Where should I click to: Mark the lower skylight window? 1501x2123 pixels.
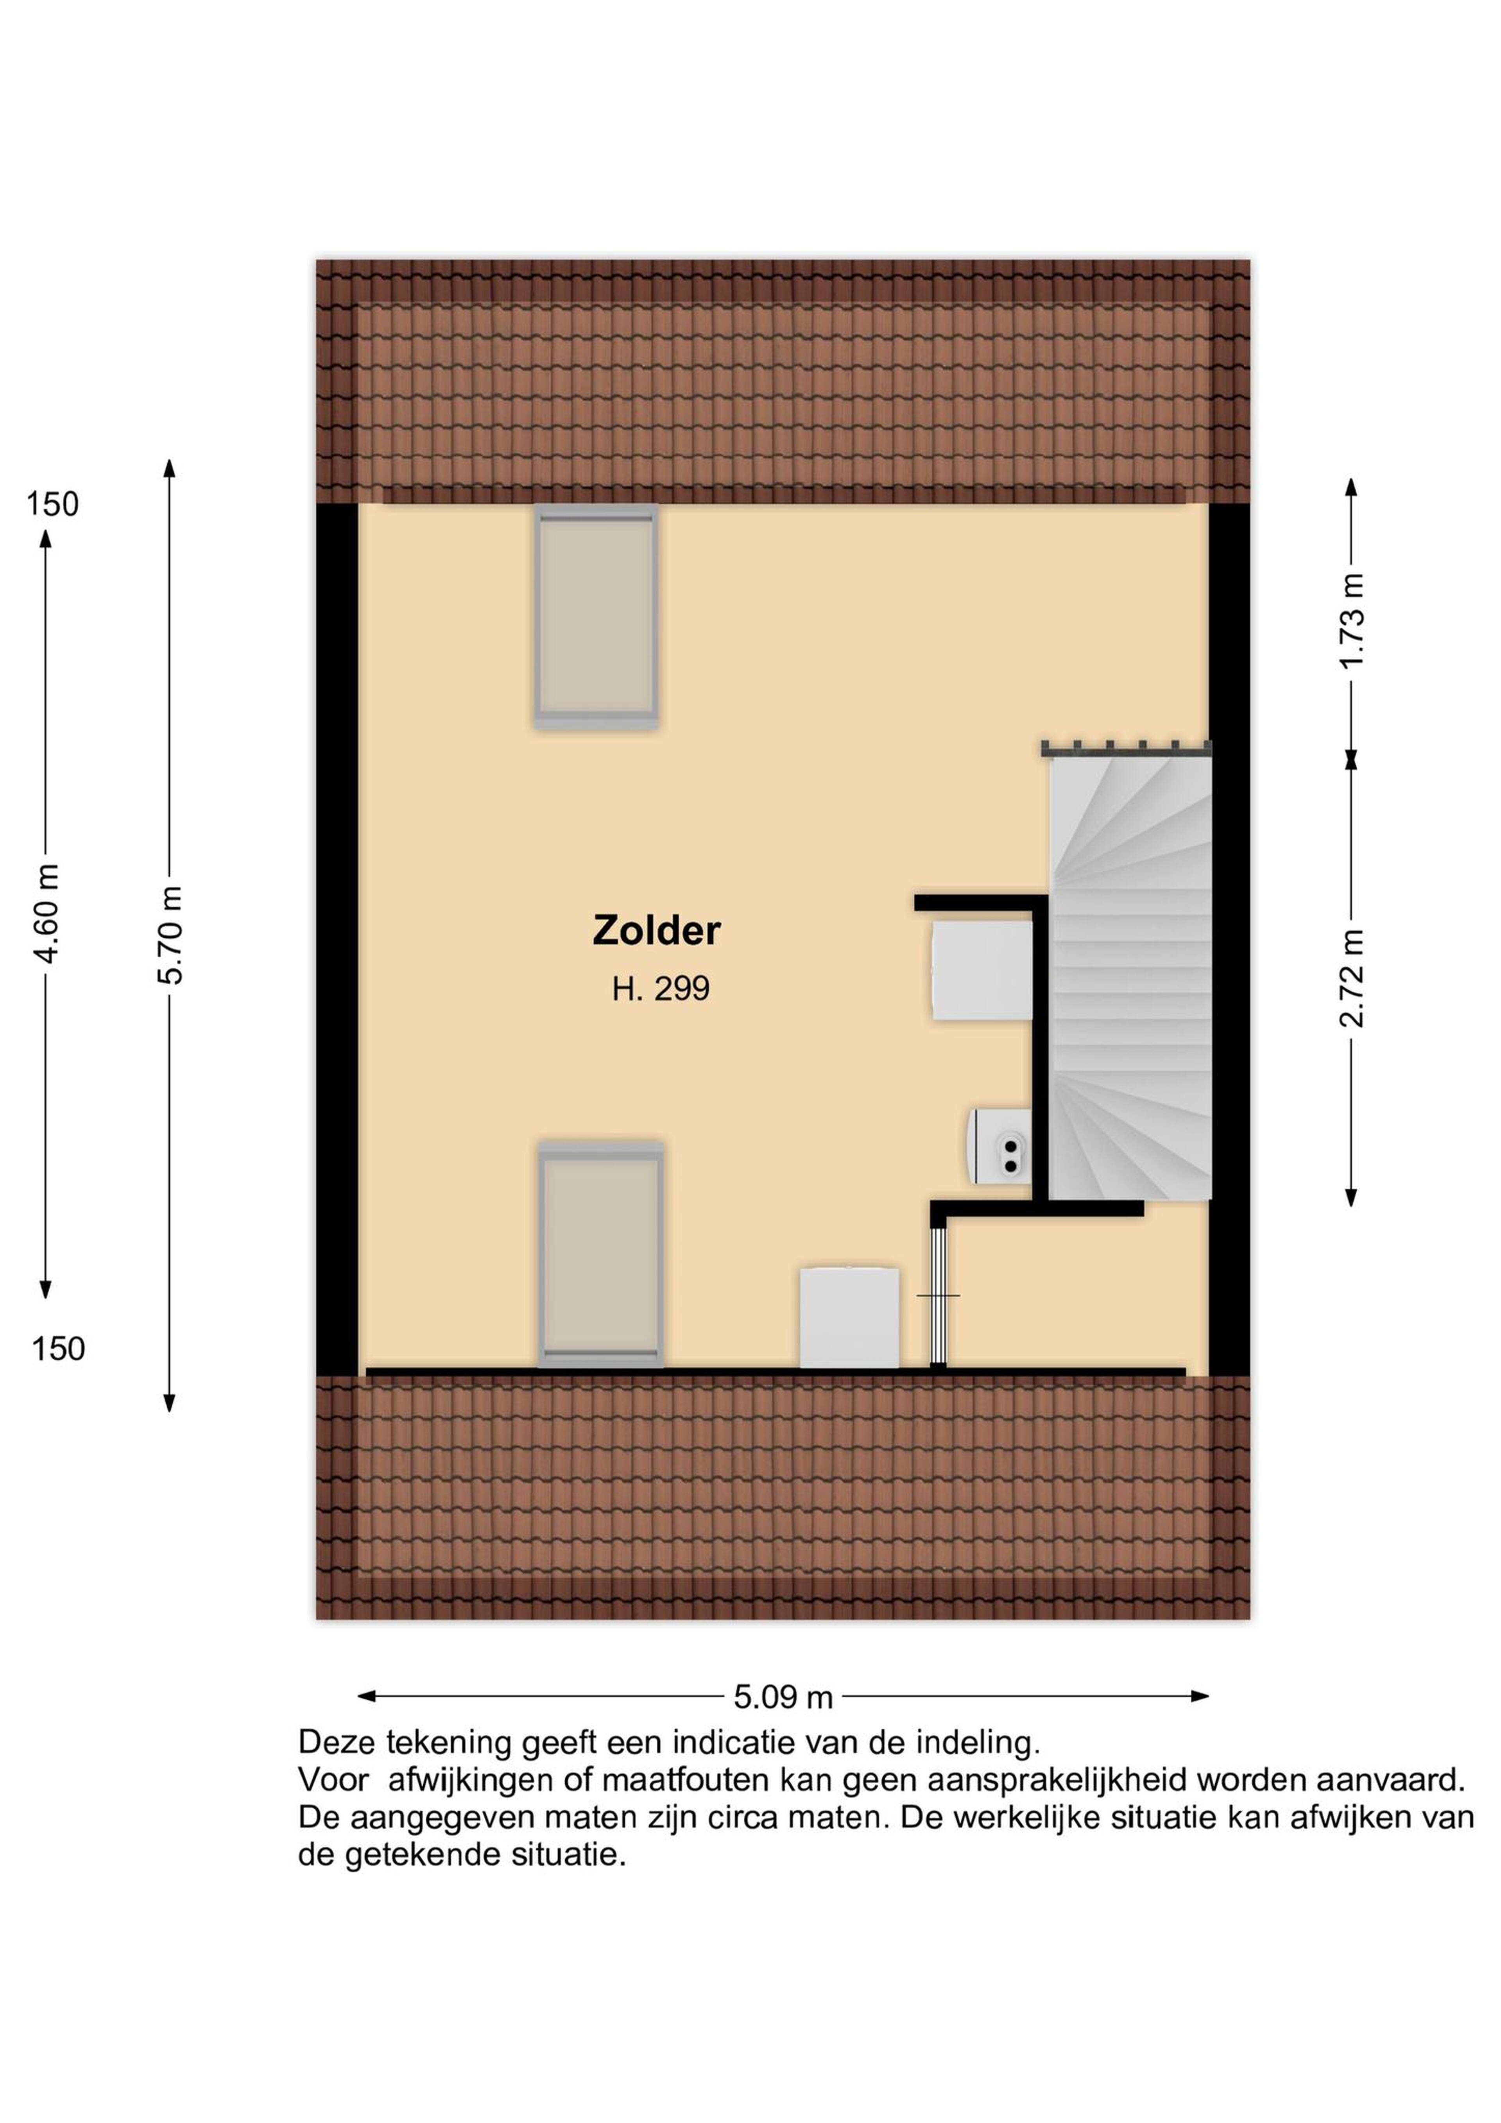tap(601, 1256)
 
